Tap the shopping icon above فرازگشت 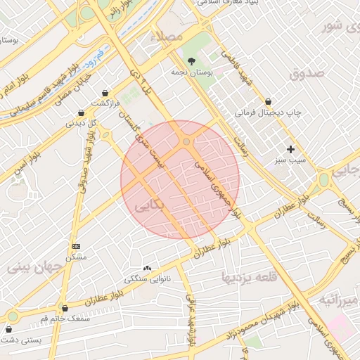[105, 93]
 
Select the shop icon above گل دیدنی [82, 112]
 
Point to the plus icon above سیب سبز [290, 149]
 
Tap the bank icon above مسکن [76, 246]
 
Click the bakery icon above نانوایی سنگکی [148, 269]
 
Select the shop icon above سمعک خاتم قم [65, 308]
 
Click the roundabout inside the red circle [186, 143]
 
